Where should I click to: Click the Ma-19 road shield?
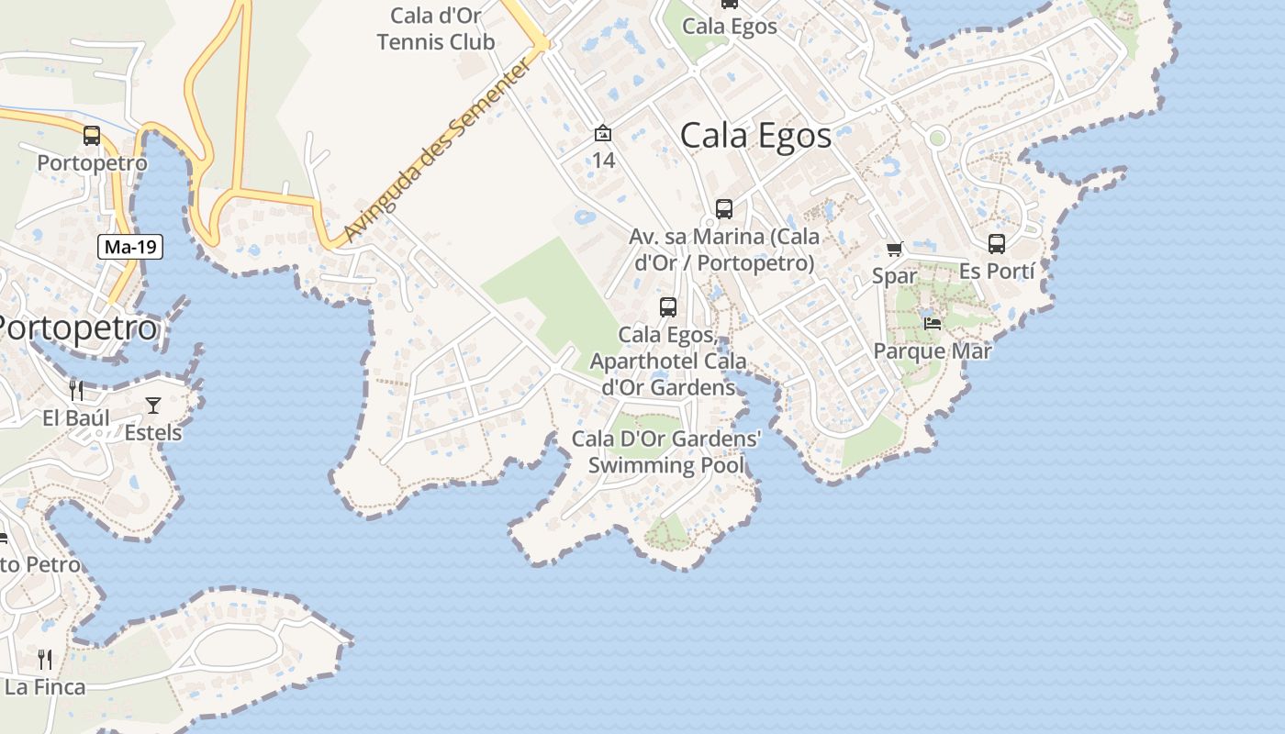(130, 246)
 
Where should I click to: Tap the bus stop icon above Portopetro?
(92, 136)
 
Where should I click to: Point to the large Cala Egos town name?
(755, 136)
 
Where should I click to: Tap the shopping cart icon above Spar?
(895, 249)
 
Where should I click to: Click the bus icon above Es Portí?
(997, 244)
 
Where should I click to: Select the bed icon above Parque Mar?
(933, 323)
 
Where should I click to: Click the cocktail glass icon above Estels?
(153, 405)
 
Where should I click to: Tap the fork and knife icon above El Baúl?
(76, 391)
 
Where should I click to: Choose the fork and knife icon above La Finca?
(45, 659)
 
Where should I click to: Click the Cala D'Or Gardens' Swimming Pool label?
(666, 451)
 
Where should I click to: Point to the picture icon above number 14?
(603, 134)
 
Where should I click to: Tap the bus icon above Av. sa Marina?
(724, 209)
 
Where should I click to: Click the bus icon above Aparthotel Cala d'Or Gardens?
(668, 307)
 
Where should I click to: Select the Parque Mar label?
(933, 350)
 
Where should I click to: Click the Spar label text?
(895, 275)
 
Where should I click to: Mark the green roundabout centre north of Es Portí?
(937, 139)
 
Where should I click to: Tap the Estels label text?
(153, 432)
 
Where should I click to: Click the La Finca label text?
(45, 686)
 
